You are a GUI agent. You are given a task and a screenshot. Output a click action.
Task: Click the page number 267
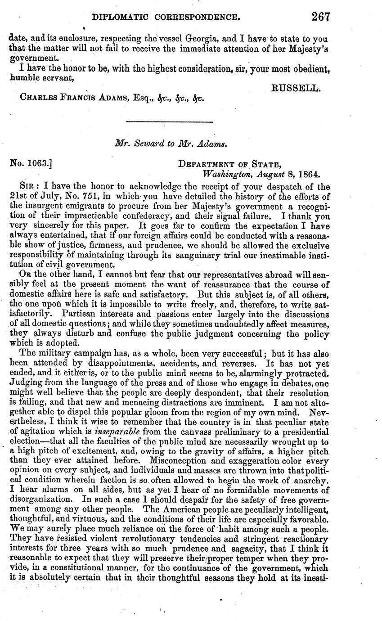point(320,17)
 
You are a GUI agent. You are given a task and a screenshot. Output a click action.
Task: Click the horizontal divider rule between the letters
point(170,122)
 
